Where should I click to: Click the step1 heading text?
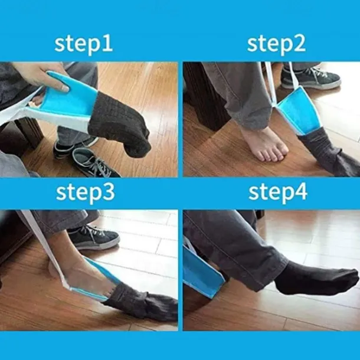point(84,44)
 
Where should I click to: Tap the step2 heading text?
point(276,44)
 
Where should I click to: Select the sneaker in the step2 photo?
point(310,77)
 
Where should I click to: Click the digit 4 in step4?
point(301,192)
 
